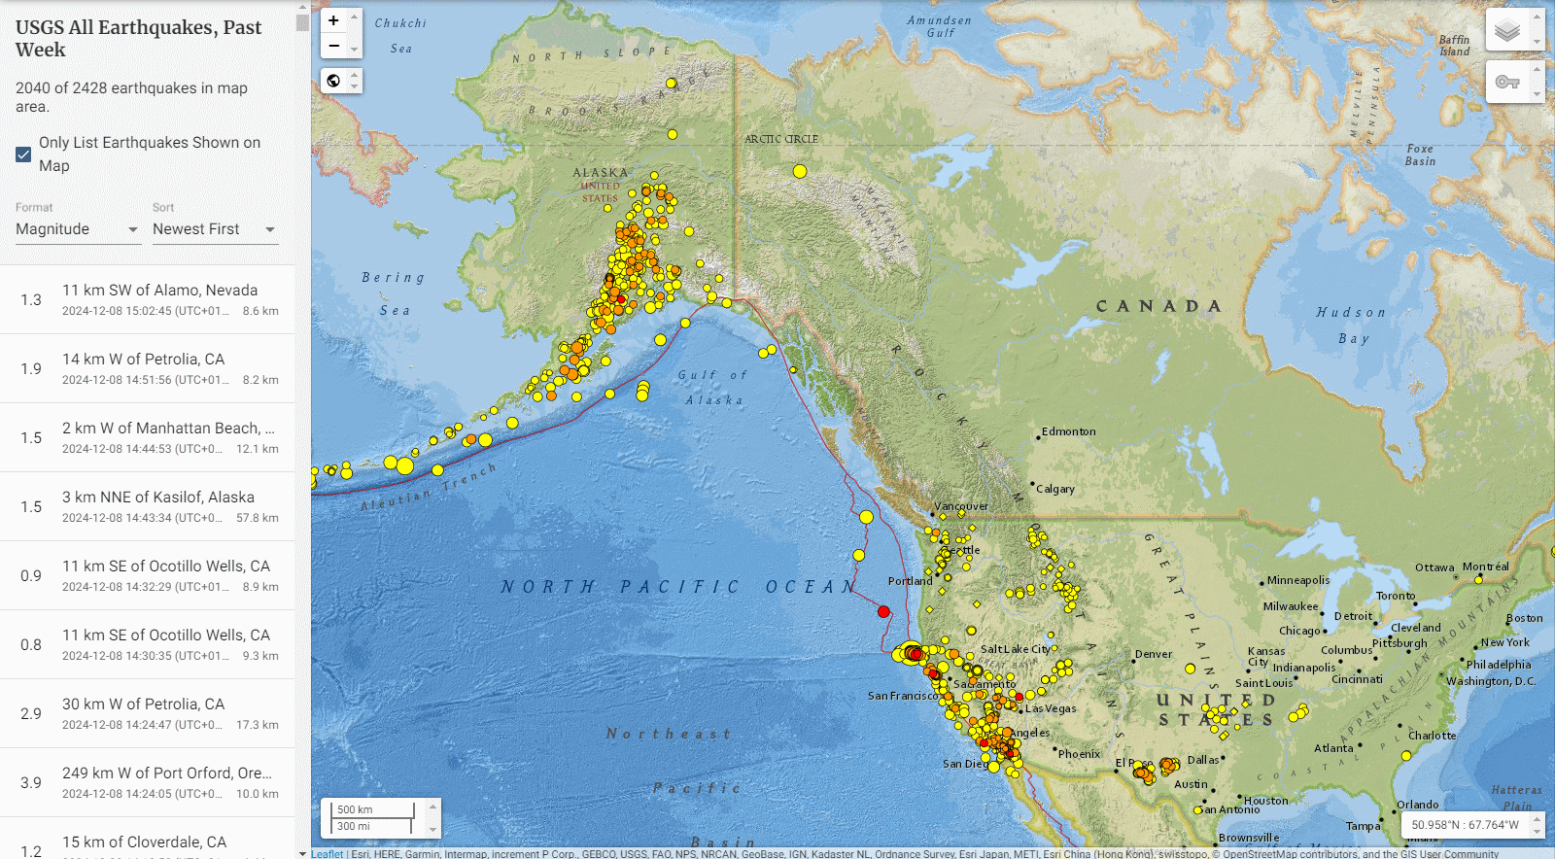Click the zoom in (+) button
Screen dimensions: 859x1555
click(333, 20)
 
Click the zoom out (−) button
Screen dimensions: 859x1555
click(333, 46)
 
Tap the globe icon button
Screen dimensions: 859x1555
click(333, 81)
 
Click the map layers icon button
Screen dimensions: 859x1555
click(1506, 30)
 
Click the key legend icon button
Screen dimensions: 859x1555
click(1506, 82)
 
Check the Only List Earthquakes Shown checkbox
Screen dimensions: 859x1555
click(23, 155)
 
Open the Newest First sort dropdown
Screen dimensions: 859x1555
click(214, 229)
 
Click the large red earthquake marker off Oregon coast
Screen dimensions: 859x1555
click(883, 611)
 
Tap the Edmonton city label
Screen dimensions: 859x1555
click(1068, 431)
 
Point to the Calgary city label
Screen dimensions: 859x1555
click(1054, 489)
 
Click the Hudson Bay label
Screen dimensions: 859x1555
click(1352, 325)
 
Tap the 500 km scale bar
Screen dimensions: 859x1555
click(373, 809)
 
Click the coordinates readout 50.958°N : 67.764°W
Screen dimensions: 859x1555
click(1465, 825)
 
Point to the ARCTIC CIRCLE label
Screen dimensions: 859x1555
click(780, 139)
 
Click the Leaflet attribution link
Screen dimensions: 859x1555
click(328, 854)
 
